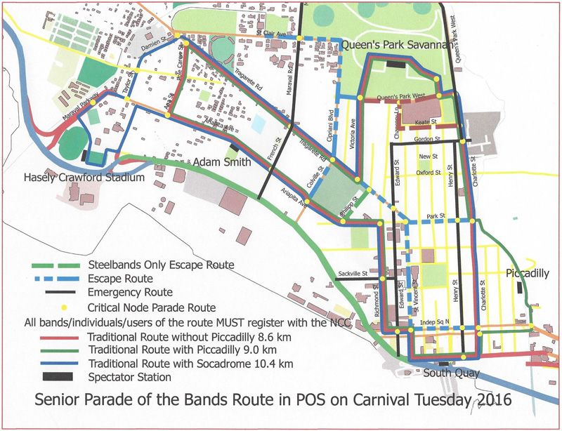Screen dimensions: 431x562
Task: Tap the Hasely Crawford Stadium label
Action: pos(84,178)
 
